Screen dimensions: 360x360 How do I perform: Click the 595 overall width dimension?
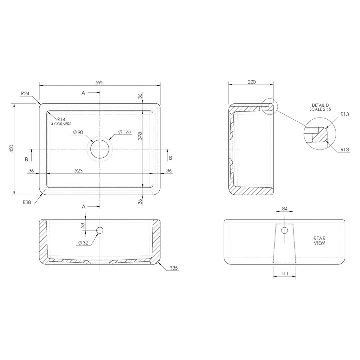[100, 82]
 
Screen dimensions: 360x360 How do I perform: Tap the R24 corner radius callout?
[25, 93]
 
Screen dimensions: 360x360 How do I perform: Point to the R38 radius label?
[27, 202]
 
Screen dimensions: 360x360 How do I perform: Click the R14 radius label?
[61, 119]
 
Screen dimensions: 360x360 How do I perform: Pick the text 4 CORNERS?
[61, 124]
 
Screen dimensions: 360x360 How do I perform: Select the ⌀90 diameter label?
[78, 132]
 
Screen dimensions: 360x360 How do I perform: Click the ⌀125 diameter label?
[125, 132]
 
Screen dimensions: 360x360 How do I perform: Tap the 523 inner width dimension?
[79, 171]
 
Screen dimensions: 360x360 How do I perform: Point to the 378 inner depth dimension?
[140, 136]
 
